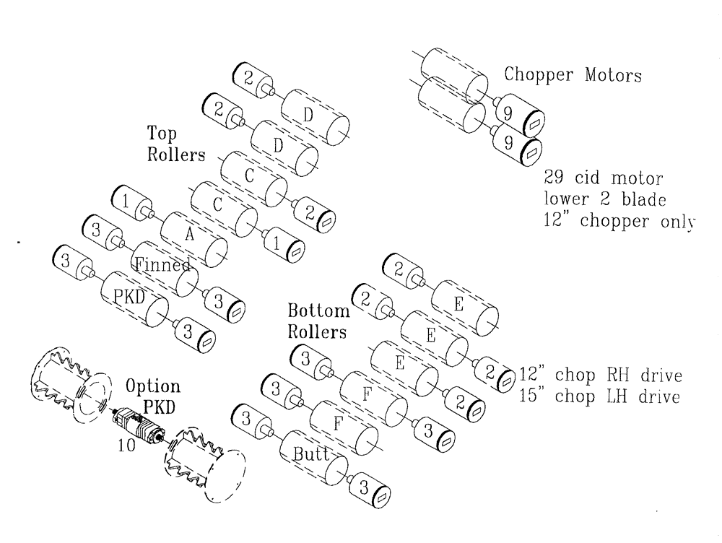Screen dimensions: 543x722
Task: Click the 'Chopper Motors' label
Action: pos(572,74)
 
